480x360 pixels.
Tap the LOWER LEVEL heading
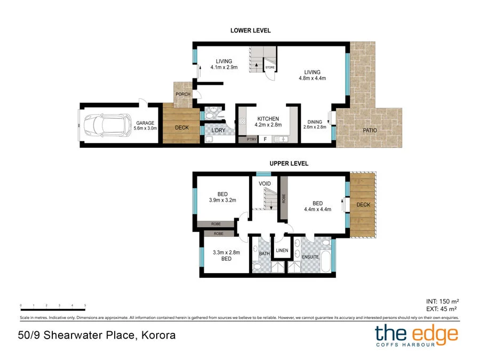coord(250,30)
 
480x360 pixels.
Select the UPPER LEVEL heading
coord(288,164)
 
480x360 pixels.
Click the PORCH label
coord(183,94)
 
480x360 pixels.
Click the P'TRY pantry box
coord(251,139)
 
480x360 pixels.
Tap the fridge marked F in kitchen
coord(266,139)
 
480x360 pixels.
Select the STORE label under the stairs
coord(270,68)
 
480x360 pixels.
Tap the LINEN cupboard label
coord(282,250)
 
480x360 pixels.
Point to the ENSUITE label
coord(310,257)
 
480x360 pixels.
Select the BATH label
coord(265,253)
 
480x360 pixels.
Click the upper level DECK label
coord(363,205)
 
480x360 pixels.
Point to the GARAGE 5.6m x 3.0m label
coord(145,126)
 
